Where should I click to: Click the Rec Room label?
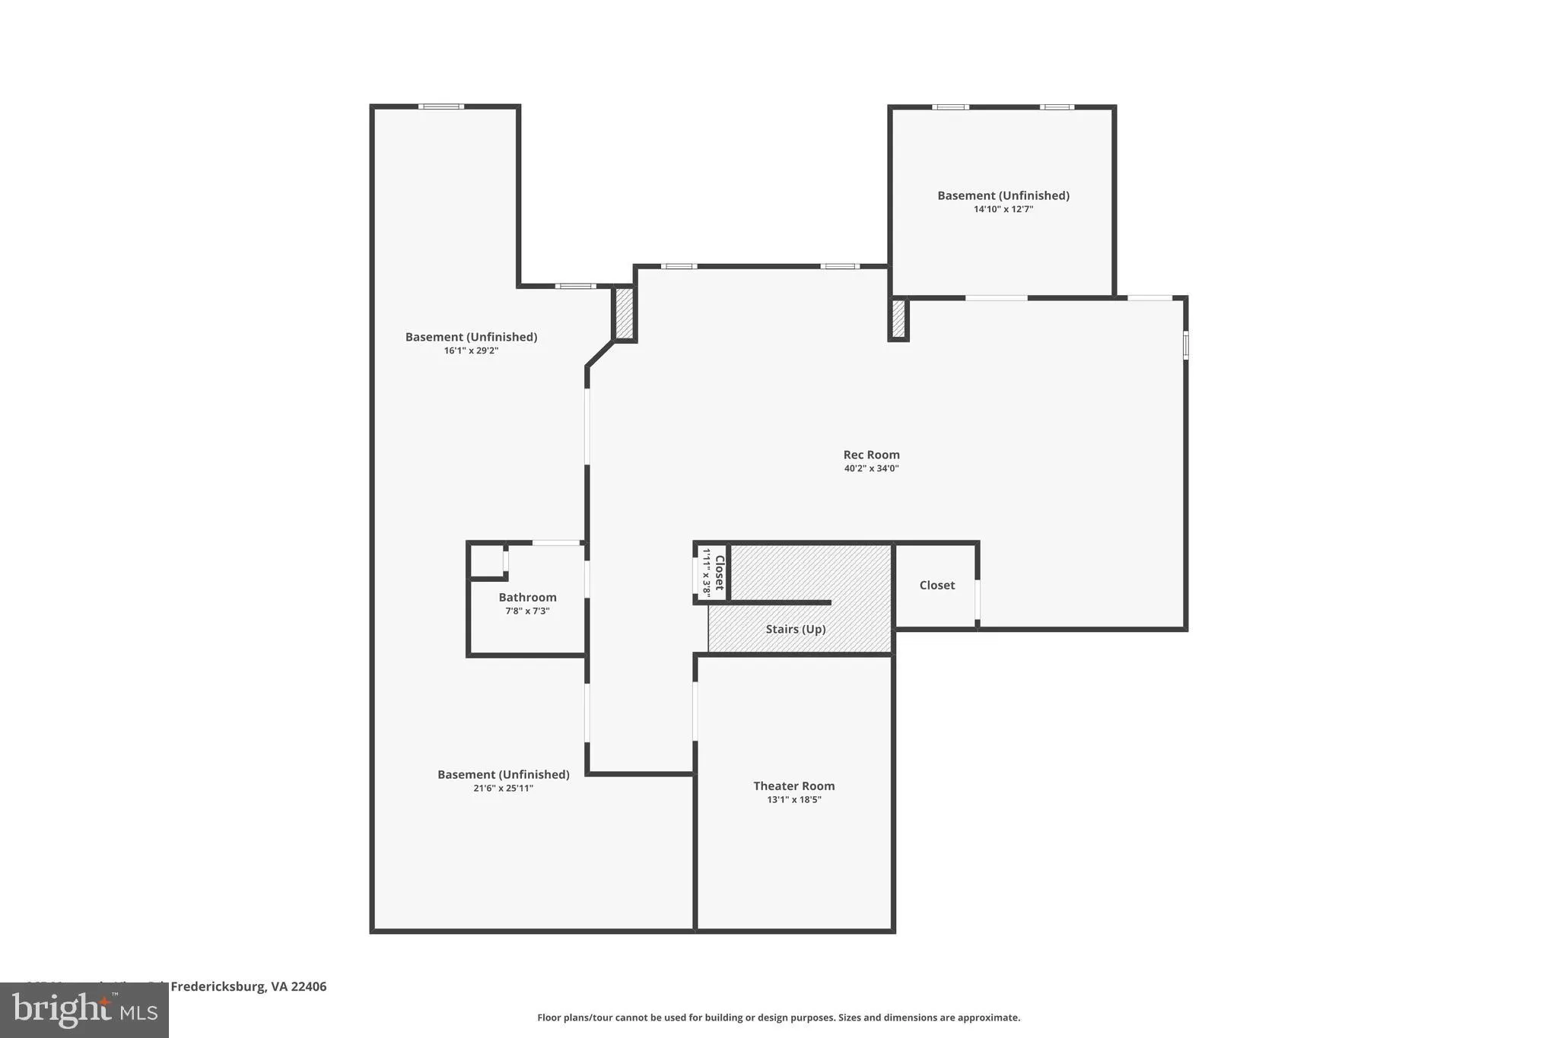(x=871, y=455)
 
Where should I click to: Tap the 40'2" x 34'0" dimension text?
(x=871, y=468)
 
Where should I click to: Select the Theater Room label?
(x=793, y=786)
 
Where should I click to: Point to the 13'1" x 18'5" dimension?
(x=793, y=799)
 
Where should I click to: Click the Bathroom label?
(x=527, y=597)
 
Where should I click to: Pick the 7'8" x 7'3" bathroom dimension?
(x=527, y=611)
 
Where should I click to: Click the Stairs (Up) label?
(x=795, y=629)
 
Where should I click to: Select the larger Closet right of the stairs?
(x=936, y=585)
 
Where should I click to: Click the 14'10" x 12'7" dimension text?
(x=1003, y=209)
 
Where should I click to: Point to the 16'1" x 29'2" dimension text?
(x=471, y=351)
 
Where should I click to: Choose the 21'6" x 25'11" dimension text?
(x=503, y=788)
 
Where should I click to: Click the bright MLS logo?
(x=84, y=1010)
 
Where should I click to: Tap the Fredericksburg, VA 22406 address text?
(x=248, y=986)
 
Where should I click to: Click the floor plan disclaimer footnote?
(x=778, y=1017)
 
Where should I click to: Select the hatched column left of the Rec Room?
(x=624, y=313)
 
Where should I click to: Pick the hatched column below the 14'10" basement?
(x=898, y=319)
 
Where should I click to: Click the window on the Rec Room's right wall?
(x=1185, y=344)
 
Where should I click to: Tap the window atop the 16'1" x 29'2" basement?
(x=440, y=106)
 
